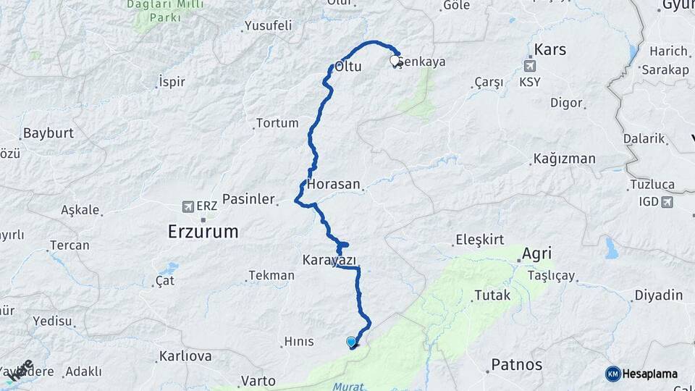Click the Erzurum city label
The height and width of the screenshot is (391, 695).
tap(203, 232)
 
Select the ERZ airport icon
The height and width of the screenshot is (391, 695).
tap(188, 206)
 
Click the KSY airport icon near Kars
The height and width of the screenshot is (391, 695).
tap(531, 67)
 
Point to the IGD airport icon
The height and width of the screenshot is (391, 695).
tap(666, 201)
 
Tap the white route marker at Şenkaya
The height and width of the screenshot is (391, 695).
tap(395, 62)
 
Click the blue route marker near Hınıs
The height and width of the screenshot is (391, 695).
tap(351, 342)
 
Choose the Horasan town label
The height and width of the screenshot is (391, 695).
tap(334, 185)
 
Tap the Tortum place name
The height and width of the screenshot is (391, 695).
tap(277, 123)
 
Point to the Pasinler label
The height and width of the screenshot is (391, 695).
tap(248, 198)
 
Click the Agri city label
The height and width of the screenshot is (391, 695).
tap(536, 253)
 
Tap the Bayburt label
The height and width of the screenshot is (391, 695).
tap(49, 133)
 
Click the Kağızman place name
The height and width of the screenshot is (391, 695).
tap(564, 159)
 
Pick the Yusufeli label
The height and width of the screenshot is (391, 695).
tap(268, 26)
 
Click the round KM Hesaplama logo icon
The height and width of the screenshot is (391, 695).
tap(613, 374)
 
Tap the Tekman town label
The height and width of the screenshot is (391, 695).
tap(271, 275)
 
